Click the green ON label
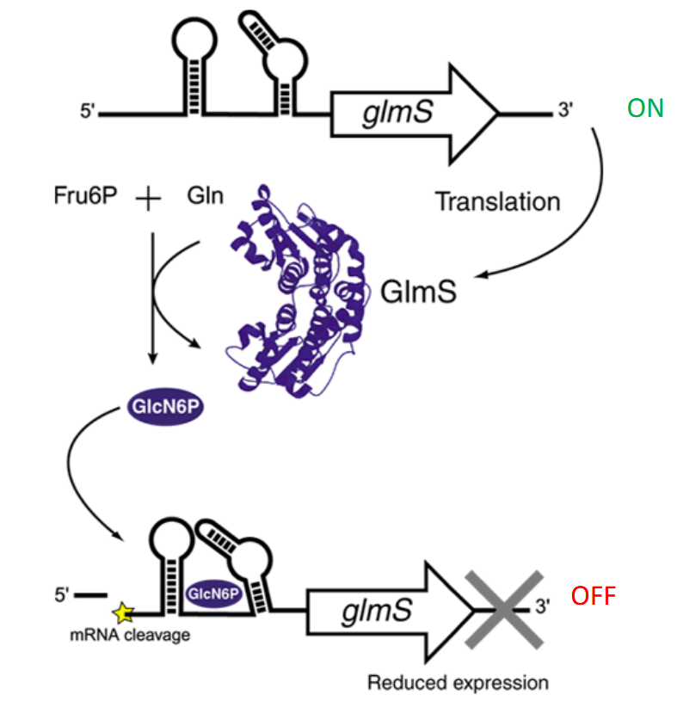tap(645, 108)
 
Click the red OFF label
tap(594, 595)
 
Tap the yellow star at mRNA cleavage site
tap(124, 612)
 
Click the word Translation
tap(497, 202)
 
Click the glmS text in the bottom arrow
tap(376, 612)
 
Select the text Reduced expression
tap(458, 683)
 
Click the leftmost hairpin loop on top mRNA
tap(198, 43)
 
